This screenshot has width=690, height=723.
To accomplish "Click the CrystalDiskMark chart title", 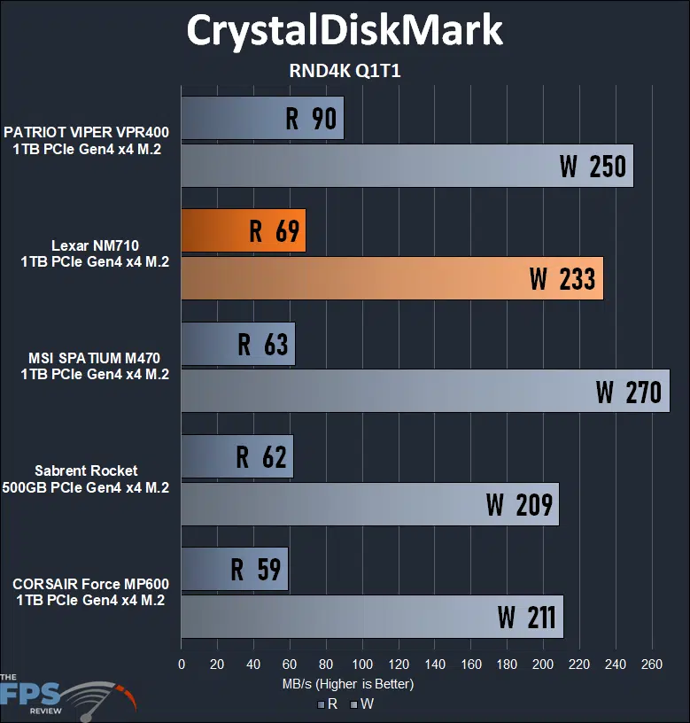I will coord(345,31).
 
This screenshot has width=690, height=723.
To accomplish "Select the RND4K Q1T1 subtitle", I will coord(345,72).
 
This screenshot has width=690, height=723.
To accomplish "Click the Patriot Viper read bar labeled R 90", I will coord(262,119).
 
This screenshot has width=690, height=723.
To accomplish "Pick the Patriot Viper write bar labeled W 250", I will coord(407,166).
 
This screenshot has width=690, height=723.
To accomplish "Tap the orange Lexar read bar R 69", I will coord(244,231).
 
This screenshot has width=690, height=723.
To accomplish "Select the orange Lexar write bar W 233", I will coord(392,278).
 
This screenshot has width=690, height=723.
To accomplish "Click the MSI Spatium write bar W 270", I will coord(425,391).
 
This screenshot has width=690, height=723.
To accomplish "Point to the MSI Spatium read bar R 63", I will coord(237,344).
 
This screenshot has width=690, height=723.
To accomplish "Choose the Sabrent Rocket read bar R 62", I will coord(236,456).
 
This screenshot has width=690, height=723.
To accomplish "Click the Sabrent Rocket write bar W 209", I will coord(369,504).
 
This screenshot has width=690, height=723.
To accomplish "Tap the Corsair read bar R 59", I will coord(234,569).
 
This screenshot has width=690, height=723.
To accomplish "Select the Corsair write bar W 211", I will coord(372,617).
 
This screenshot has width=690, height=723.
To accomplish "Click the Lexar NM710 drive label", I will coord(95,253).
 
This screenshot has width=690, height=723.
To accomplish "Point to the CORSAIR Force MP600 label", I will coord(90,592).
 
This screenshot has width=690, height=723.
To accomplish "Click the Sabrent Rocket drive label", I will coord(86,479).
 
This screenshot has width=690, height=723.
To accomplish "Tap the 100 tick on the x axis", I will coord(361,664).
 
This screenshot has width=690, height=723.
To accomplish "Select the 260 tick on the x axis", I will coord(651,664).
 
